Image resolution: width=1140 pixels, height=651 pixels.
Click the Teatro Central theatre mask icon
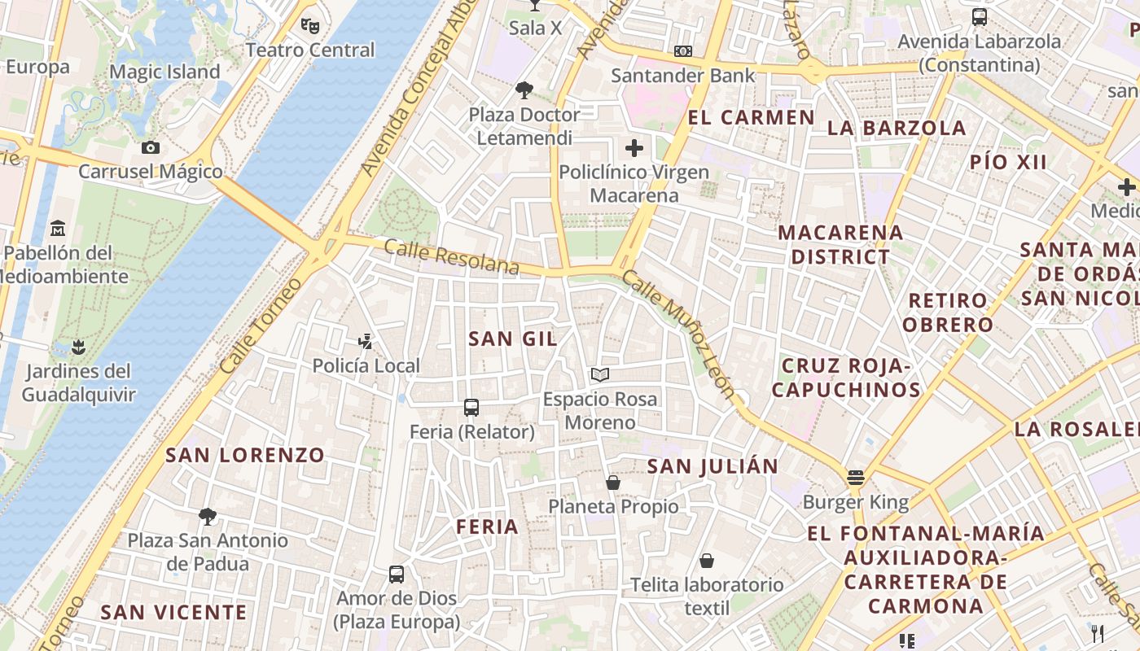pos(309,25)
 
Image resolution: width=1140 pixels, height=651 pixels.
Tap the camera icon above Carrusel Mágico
pos(151,147)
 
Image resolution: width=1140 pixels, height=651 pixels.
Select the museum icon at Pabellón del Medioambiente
pos(58,228)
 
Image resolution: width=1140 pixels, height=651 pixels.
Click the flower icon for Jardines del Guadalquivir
pos(77,347)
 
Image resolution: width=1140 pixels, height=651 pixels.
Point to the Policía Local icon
pos(366,342)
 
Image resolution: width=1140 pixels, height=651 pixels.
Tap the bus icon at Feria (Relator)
pos(471,408)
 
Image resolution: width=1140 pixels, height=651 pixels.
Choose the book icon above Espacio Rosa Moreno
pos(600,375)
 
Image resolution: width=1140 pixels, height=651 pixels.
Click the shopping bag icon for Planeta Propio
pos(613,483)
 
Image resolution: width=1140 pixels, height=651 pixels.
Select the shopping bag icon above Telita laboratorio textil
pos(707,561)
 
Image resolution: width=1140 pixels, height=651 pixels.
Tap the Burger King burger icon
pos(855,478)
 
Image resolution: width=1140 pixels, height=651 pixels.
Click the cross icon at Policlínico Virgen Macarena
pos(634,148)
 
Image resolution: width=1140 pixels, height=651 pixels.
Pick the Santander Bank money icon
pos(683,51)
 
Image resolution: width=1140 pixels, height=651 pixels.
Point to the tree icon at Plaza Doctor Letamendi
pos(524,90)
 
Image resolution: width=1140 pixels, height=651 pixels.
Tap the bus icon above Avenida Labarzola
pos(980,17)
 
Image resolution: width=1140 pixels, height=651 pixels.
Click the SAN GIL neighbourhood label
pos(513,339)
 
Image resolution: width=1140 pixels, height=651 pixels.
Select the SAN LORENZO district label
pos(245,455)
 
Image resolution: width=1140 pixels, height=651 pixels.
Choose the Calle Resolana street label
pos(451,256)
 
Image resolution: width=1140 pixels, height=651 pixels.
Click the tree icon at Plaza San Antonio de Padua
pos(208,516)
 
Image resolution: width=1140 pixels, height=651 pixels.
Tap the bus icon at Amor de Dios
pos(397,575)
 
